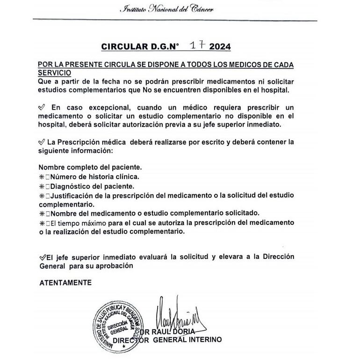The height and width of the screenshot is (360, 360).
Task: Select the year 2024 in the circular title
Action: click(x=220, y=47)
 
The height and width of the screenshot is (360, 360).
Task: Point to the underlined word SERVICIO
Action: click(x=55, y=73)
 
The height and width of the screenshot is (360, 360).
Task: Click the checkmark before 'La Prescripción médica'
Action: click(x=41, y=142)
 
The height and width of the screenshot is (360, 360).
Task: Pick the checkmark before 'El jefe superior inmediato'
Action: click(x=41, y=257)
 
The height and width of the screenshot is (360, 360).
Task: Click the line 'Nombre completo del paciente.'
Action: click(x=90, y=167)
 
